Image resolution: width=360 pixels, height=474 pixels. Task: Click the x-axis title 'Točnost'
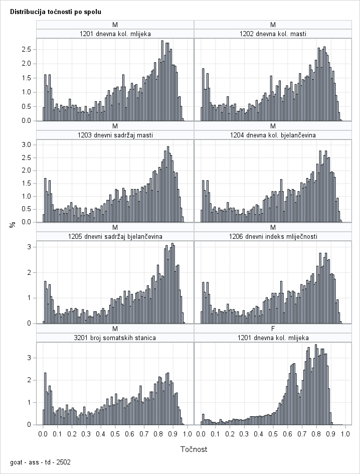point(194,449)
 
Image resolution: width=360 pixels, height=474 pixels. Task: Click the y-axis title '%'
point(13,225)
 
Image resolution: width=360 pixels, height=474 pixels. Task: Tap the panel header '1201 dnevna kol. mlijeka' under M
point(115,34)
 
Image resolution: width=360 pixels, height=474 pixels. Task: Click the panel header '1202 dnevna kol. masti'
point(273,34)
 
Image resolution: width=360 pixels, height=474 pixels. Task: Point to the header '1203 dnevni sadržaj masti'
point(115,135)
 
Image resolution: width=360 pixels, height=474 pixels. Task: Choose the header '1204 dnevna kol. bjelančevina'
point(273,135)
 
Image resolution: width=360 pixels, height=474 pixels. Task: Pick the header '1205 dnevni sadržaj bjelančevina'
point(115,236)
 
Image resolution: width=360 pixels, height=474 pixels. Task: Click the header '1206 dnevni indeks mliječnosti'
point(273,236)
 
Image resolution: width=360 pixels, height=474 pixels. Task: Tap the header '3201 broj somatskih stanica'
point(115,338)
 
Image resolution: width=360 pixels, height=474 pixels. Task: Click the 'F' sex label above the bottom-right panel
point(273,329)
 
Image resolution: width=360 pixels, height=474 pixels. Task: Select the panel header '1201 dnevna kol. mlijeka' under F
point(273,338)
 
